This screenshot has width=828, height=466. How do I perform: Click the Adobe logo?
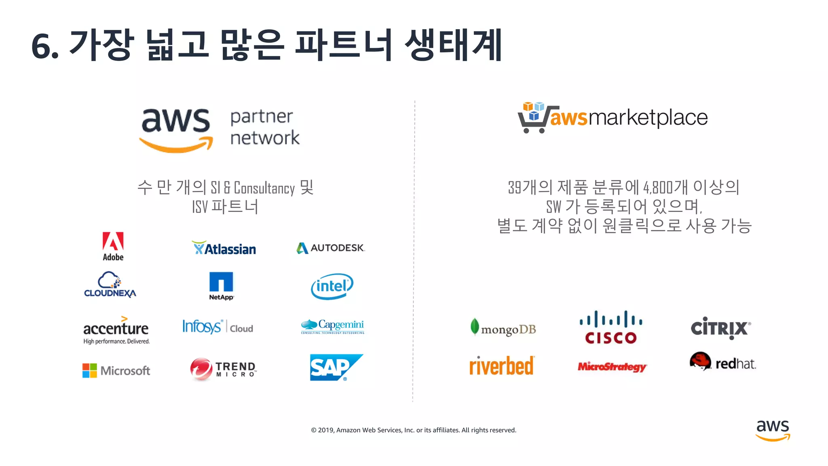113,246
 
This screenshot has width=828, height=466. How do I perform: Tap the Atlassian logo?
224,248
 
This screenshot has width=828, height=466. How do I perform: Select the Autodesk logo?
331,248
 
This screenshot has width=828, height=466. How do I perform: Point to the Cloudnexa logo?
110,285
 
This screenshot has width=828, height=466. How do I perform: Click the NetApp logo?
221,286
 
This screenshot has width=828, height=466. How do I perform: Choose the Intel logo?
332,286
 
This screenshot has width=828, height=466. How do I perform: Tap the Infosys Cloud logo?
218,326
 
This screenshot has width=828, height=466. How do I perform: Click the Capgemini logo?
332,326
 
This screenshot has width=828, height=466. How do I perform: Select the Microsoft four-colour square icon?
89,371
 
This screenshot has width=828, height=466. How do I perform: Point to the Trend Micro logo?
223,369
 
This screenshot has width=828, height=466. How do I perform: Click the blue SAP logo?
336,367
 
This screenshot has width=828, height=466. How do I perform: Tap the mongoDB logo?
503,328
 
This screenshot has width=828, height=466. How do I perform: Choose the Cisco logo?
611,327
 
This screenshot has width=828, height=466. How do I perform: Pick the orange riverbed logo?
501,366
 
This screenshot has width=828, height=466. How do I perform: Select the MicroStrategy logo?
612,366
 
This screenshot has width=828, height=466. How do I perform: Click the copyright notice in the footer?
413,430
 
